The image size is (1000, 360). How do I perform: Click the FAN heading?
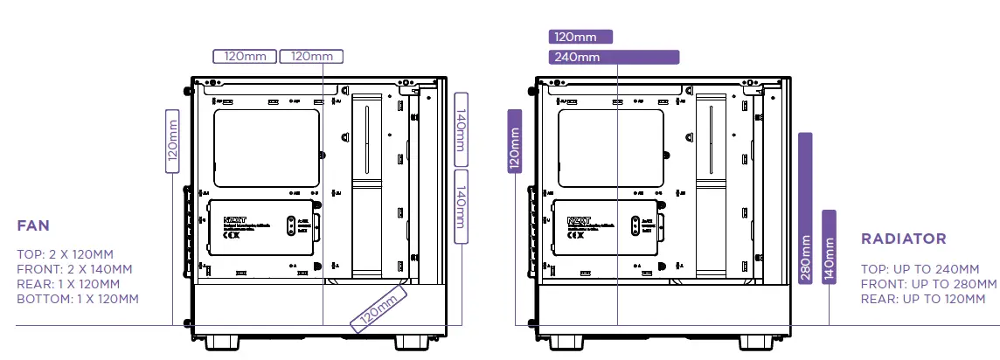33,226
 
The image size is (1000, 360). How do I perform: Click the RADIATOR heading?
904,239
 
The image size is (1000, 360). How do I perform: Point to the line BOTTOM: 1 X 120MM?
77,300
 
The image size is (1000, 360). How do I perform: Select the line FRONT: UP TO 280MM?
928,284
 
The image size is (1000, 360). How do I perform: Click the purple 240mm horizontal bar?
614,58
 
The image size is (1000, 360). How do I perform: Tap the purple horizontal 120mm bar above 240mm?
580,37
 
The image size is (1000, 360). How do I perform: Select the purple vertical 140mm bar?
830,253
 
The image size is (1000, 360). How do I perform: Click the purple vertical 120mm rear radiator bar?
515,142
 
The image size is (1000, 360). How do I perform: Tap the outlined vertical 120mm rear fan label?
172,142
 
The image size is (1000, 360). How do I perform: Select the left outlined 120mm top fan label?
245,57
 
